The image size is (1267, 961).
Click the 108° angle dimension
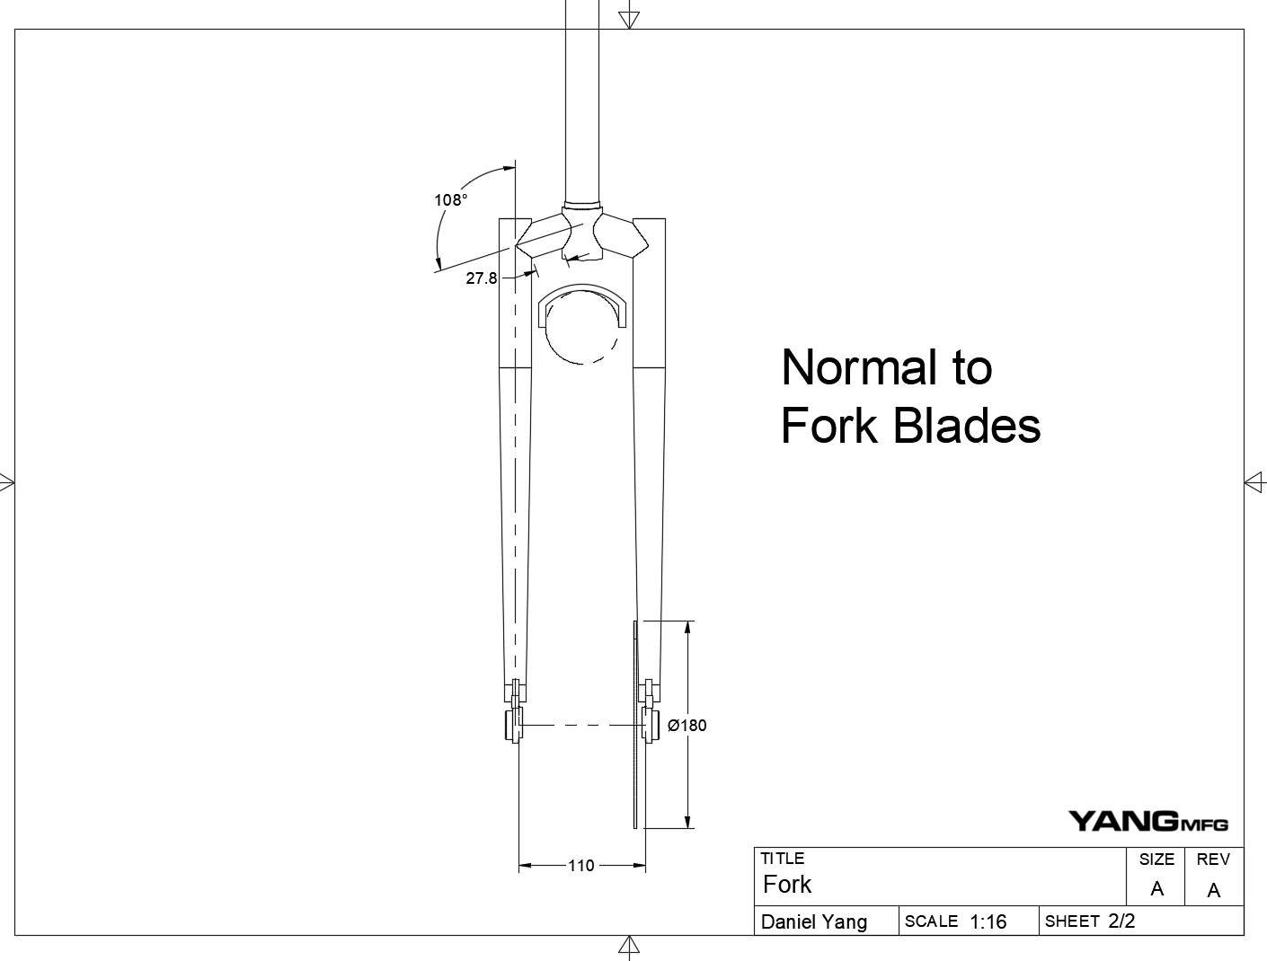point(451,200)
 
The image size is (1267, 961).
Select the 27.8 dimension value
point(482,278)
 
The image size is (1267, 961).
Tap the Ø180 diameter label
point(687,726)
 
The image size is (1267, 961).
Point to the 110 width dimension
point(581,866)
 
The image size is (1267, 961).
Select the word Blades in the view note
point(968,426)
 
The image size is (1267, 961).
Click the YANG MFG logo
point(1147,821)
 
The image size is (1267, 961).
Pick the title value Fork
point(787,886)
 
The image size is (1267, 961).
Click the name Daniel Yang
point(814,922)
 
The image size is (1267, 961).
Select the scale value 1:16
point(988,921)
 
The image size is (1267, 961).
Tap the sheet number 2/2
point(1121,921)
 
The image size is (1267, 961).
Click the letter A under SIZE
point(1156,889)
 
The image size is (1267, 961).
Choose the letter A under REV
point(1214,890)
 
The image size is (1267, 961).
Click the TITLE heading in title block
point(783,859)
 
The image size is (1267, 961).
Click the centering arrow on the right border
point(1254,482)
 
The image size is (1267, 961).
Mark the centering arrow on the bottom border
point(629,946)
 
